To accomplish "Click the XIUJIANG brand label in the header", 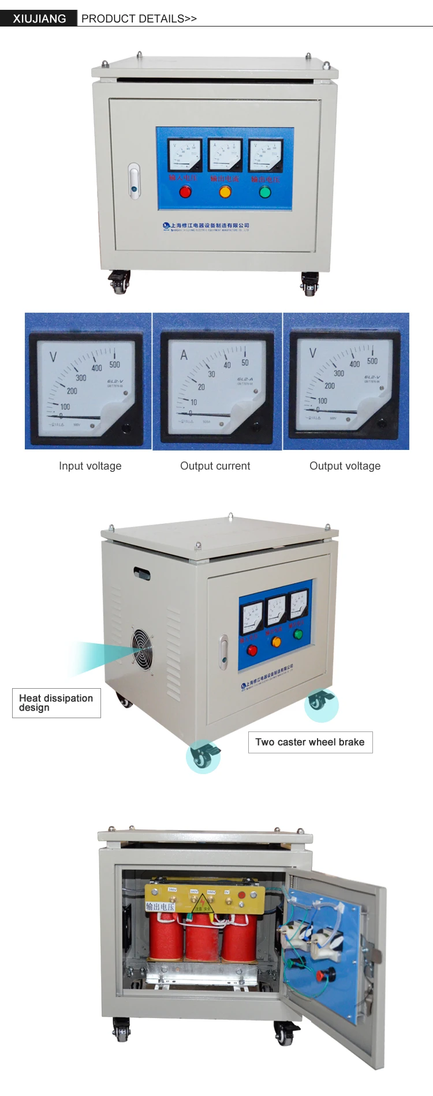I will (39, 18).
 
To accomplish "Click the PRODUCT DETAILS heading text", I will (139, 18).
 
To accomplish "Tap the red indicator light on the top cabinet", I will (185, 192).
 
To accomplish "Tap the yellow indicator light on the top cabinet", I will (225, 192).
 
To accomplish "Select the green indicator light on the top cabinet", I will (265, 192).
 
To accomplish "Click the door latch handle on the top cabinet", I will (134, 181).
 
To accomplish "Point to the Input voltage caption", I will (90, 466).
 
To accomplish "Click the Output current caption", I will (215, 466).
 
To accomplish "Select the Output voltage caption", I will (345, 466).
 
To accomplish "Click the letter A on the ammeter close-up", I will (184, 355).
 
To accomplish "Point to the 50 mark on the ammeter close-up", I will (245, 363).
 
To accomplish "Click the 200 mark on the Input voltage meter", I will (72, 391).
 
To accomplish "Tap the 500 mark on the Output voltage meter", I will (372, 361).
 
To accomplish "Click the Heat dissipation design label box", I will (56, 703).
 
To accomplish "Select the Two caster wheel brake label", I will (310, 742).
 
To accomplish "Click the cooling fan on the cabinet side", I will (142, 648).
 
